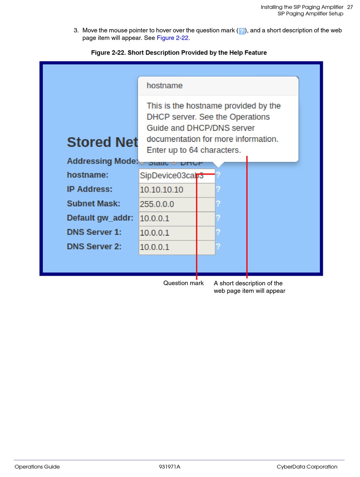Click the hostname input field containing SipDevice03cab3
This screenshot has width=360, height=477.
(x=167, y=176)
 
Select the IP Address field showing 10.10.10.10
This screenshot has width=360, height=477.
(x=177, y=190)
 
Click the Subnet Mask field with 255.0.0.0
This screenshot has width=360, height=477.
(x=177, y=204)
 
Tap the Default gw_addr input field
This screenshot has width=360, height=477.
(x=177, y=218)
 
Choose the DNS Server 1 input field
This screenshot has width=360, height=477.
(x=177, y=233)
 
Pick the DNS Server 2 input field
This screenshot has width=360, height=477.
(x=177, y=247)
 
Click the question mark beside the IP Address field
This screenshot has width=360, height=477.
(x=218, y=189)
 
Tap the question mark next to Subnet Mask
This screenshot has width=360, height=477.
(x=218, y=203)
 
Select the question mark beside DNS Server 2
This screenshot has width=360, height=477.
(x=218, y=246)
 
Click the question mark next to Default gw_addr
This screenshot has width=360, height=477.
(x=218, y=218)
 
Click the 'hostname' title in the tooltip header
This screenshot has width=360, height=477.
(x=164, y=86)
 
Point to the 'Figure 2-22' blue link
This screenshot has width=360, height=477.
(x=172, y=38)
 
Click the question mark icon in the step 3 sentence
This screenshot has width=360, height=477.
(x=242, y=31)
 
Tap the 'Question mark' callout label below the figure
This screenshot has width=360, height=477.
(x=183, y=283)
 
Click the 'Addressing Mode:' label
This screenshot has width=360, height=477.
(x=102, y=161)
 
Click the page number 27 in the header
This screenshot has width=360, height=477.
(x=350, y=7)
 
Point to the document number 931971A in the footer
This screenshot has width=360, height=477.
(x=169, y=467)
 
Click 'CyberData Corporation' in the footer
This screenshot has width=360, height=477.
(x=307, y=467)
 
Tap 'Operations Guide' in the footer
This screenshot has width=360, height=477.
(x=37, y=467)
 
